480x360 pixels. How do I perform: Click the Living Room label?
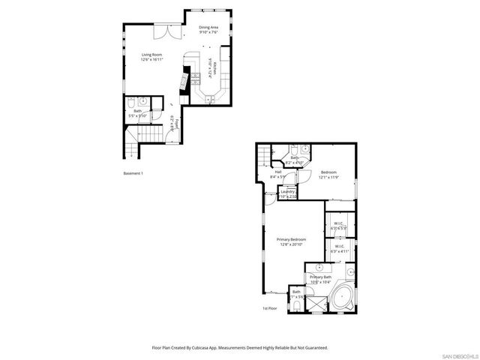152,57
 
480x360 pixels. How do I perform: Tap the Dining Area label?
208,30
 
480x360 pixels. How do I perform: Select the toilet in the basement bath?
130,103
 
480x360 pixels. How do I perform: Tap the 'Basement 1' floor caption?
133,173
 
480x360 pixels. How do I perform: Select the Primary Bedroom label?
292,241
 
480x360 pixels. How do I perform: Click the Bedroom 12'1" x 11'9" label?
328,175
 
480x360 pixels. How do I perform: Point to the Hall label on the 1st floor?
277,175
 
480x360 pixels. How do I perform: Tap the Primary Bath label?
321,279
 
